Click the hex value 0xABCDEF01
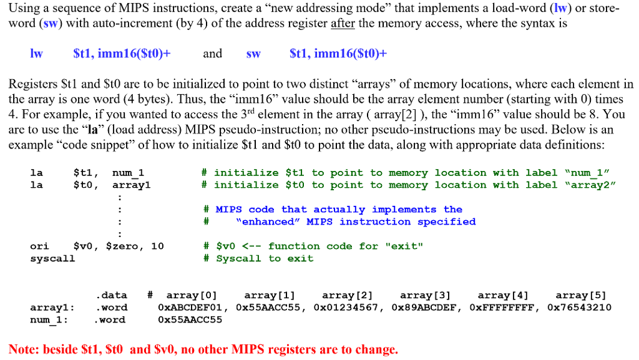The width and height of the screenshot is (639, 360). pos(193,307)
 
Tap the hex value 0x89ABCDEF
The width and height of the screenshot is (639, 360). pos(426,307)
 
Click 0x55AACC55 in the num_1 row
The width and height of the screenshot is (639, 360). pos(190,319)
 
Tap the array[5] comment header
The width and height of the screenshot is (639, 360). pos(580,295)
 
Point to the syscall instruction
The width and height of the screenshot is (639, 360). pos(52,258)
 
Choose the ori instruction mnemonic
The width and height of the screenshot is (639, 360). pos(39,246)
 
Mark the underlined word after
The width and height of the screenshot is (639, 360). pos(343,24)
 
